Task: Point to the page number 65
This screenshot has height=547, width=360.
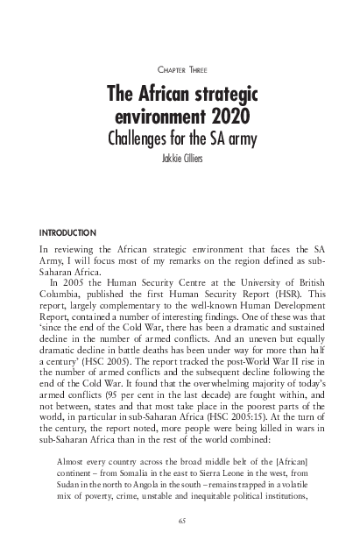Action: coord(180,520)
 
